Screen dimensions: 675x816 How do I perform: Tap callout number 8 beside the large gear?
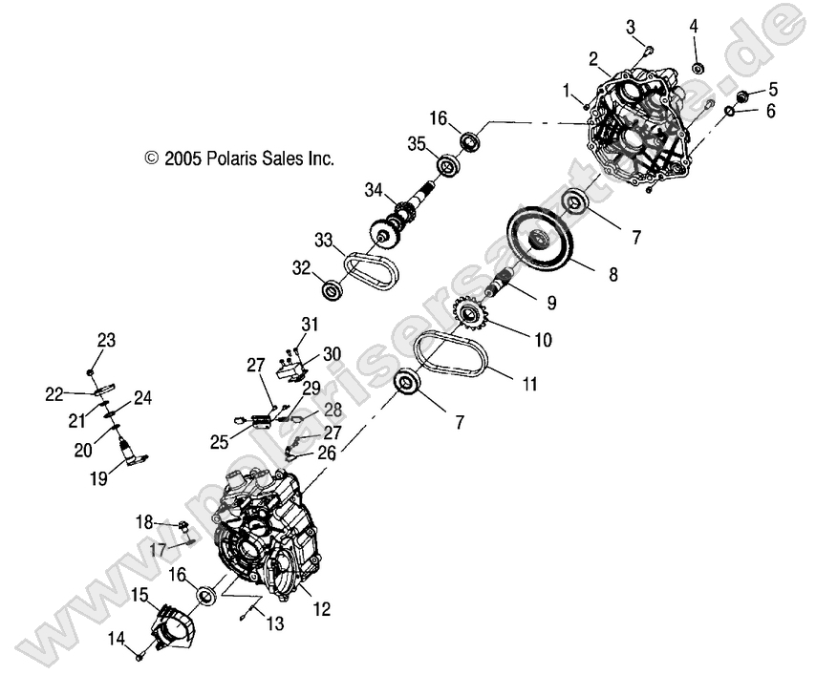click(612, 274)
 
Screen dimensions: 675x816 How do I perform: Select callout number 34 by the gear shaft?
click(374, 190)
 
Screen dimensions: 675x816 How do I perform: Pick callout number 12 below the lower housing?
click(322, 608)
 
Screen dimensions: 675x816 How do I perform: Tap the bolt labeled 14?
click(140, 656)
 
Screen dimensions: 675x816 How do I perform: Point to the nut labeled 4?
click(698, 69)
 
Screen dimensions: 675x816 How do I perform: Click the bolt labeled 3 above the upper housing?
click(648, 50)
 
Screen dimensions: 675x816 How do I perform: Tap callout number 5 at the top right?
click(772, 89)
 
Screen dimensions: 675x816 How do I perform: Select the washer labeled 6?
click(730, 113)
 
